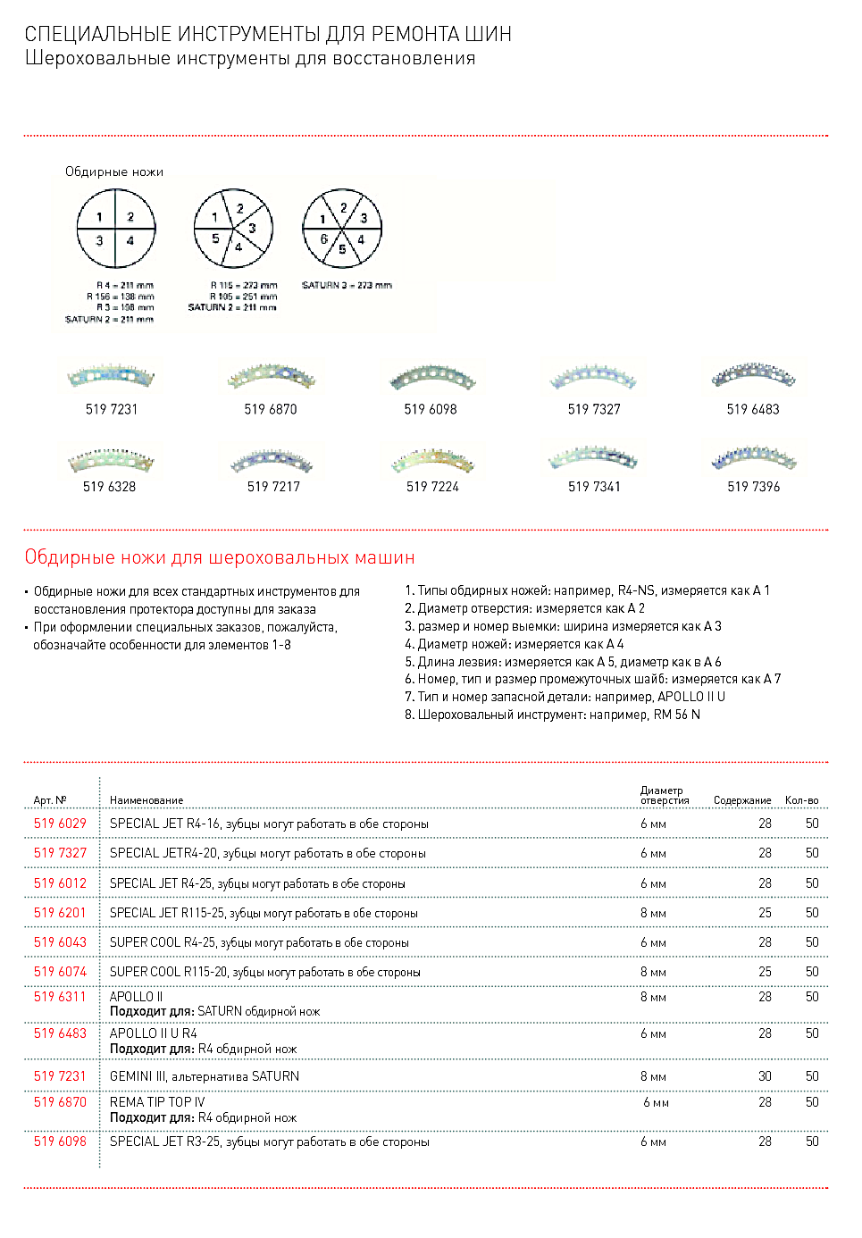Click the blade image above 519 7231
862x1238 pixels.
click(x=111, y=377)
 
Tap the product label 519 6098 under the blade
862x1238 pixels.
click(x=431, y=409)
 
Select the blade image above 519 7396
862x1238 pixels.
click(x=753, y=458)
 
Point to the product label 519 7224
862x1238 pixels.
click(x=432, y=487)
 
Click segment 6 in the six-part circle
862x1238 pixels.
click(x=325, y=239)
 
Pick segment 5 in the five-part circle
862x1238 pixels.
click(x=215, y=239)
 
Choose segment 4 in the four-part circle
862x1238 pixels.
click(x=130, y=241)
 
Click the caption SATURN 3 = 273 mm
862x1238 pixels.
click(x=347, y=286)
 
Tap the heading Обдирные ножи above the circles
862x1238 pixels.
click(x=114, y=171)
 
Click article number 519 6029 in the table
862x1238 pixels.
click(x=60, y=824)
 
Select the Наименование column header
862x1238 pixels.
click(x=146, y=800)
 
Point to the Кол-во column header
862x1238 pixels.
click(x=801, y=800)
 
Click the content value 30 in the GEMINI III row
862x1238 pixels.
click(x=765, y=1076)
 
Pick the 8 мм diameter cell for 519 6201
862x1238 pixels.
click(x=653, y=913)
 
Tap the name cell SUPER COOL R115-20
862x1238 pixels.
click(x=264, y=972)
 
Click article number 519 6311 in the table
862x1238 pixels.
click(x=60, y=997)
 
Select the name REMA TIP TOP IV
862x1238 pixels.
click(x=157, y=1102)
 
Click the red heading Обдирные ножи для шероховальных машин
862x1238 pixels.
click(x=220, y=557)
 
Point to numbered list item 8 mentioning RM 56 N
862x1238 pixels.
click(x=552, y=715)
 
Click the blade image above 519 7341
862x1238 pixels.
click(x=593, y=458)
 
